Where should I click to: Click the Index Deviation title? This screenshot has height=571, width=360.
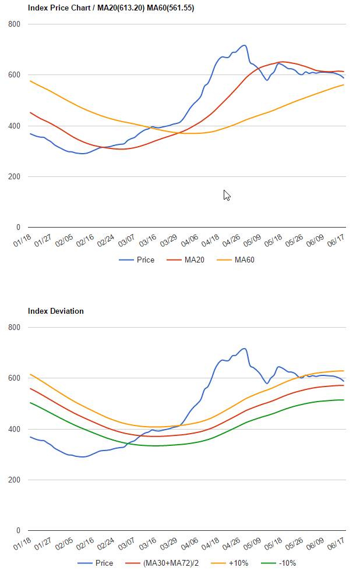pos(55,311)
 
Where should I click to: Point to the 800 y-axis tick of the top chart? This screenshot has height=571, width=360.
pos(15,24)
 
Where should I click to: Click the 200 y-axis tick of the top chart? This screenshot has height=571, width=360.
pos(15,177)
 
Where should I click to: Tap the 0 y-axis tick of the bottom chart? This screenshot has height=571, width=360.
pos(19,531)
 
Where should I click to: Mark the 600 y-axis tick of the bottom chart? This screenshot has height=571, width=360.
pos(15,378)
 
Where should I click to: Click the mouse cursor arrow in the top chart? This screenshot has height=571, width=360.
pos(227,195)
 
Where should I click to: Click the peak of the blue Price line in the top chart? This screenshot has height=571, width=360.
pos(244,45)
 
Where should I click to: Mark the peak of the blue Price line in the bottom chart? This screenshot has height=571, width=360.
pos(244,348)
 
